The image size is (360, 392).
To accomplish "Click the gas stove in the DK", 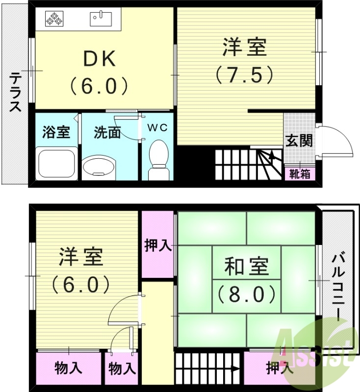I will (55, 20).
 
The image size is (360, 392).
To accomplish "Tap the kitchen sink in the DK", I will (102, 19).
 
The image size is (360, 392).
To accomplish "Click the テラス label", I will (16, 93).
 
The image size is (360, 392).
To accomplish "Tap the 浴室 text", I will (56, 132).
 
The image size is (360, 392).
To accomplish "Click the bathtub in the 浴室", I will (56, 164).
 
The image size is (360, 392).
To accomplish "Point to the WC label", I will (158, 128).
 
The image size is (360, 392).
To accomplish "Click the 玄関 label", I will (299, 142).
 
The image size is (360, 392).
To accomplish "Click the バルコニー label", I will (338, 287).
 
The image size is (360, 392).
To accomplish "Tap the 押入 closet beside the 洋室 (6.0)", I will (158, 245).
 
